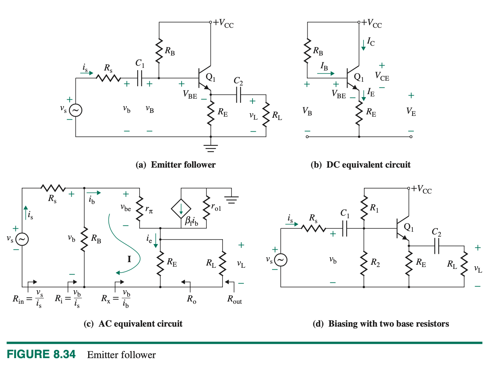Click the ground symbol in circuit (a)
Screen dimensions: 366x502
tap(211, 148)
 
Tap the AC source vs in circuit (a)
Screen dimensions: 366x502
tap(75, 110)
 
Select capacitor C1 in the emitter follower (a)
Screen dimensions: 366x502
tap(140, 78)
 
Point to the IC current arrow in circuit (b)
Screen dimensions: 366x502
tap(363, 44)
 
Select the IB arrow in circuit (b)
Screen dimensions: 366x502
tap(325, 73)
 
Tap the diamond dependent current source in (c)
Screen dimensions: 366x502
tap(181, 209)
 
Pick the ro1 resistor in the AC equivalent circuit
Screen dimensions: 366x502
tap(206, 208)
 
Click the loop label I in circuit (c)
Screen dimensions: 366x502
tap(129, 259)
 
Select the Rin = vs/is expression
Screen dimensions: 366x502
tap(28, 299)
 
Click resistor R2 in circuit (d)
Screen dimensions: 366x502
tap(364, 263)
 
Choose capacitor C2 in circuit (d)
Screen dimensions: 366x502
tap(436, 246)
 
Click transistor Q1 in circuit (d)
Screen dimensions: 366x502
tap(402, 229)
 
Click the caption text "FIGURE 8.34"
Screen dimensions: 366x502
tap(41, 354)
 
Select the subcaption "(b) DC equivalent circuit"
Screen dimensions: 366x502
tap(361, 165)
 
